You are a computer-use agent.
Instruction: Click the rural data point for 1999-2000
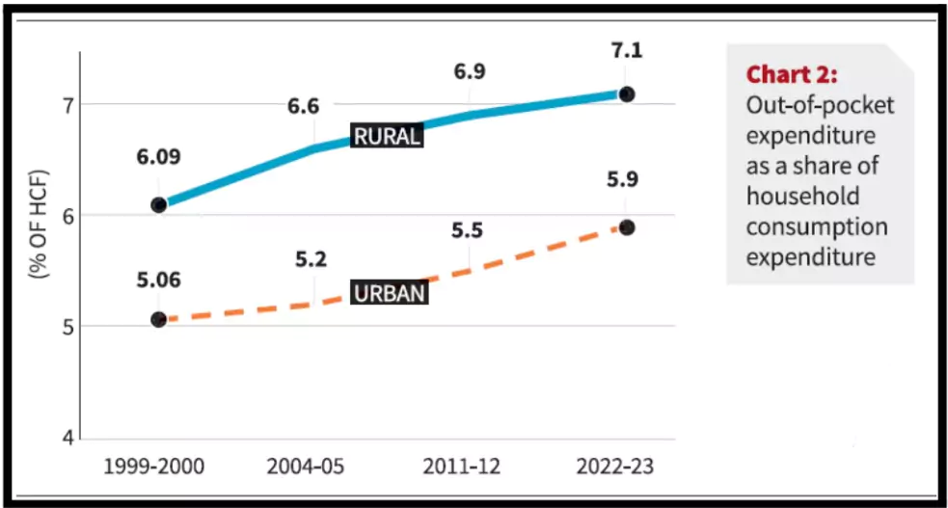(x=158, y=204)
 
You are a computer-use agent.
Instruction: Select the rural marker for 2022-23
(x=626, y=94)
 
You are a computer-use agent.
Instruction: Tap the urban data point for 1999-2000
(x=158, y=319)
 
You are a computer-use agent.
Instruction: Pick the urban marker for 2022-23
(x=626, y=227)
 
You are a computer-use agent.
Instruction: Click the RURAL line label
(x=388, y=136)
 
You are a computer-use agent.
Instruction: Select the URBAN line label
(x=389, y=293)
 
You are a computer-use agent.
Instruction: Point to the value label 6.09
(x=158, y=156)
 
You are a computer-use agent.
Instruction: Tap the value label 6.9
(x=470, y=72)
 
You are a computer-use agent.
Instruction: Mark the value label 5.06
(x=158, y=281)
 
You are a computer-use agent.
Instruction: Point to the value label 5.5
(x=470, y=230)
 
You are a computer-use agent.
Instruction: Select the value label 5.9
(x=626, y=179)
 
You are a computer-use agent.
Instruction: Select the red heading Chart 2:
(x=792, y=75)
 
